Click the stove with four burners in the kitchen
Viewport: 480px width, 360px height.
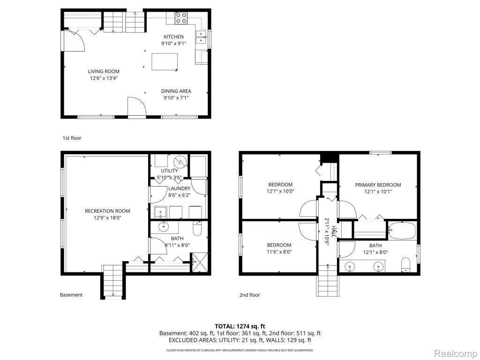(181, 18)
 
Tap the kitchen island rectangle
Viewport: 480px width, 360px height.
(165, 62)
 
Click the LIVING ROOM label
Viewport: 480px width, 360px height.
(104, 71)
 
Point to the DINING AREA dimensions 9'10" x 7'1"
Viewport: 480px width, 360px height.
(176, 98)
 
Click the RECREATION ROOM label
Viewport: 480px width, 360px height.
(107, 211)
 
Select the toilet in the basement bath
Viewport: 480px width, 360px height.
(197, 229)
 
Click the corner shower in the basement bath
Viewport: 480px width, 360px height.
(200, 262)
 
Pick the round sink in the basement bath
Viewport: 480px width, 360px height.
(164, 226)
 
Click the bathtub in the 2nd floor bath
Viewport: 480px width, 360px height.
(402, 231)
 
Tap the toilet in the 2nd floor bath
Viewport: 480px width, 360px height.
(405, 265)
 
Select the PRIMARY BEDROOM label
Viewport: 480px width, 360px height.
(378, 185)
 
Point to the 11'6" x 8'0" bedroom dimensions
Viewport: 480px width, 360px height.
(279, 252)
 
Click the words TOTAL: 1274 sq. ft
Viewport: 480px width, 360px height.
(240, 326)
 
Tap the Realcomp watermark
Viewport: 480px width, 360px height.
(456, 353)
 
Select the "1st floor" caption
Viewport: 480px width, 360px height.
(72, 138)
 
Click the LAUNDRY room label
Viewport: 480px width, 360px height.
(180, 188)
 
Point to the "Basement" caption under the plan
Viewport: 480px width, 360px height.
(71, 295)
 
